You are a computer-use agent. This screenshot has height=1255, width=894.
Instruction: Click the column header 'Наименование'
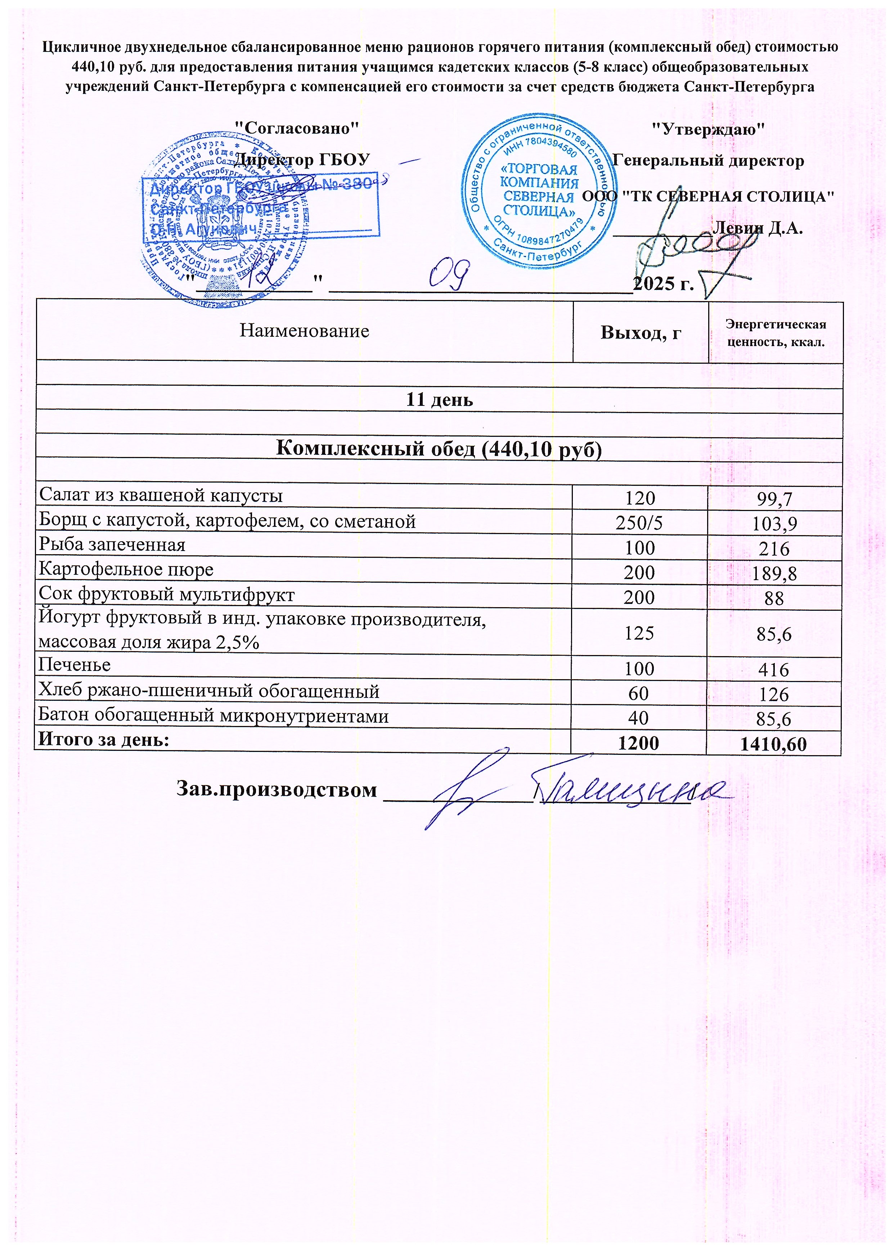(304, 331)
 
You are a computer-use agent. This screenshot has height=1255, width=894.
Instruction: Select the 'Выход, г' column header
(641, 332)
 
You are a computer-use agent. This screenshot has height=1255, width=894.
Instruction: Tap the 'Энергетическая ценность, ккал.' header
(776, 332)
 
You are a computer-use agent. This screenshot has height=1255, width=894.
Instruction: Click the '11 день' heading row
(439, 400)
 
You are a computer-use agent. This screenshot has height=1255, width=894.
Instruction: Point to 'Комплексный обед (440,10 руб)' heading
(439, 449)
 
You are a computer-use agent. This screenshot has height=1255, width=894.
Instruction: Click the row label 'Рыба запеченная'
(112, 545)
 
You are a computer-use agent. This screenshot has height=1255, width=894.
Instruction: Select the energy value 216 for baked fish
(774, 549)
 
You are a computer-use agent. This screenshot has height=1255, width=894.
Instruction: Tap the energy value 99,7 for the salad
(774, 499)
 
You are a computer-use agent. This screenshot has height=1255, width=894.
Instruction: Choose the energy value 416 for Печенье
(774, 670)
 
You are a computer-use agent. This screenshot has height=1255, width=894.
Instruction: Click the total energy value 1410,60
(773, 744)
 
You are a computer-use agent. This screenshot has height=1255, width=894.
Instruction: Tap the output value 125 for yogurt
(639, 633)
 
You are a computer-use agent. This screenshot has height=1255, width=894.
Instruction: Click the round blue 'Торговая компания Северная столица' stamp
(538, 191)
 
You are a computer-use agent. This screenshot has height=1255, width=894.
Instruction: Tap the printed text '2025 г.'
(663, 283)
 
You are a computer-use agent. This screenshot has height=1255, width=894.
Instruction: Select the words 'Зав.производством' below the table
(277, 789)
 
